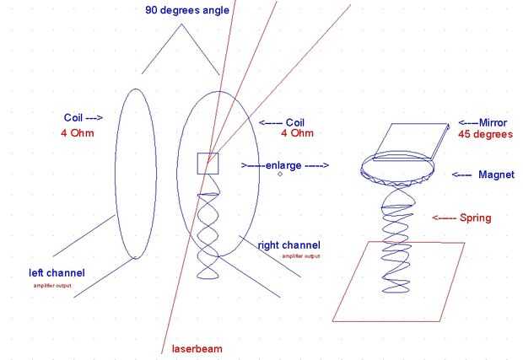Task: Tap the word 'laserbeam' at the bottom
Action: click(x=195, y=347)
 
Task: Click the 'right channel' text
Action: click(x=288, y=244)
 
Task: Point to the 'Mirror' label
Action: click(x=483, y=121)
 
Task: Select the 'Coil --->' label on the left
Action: click(x=83, y=118)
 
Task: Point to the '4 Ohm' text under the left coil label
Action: click(x=78, y=133)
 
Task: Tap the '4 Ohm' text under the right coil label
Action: click(x=296, y=134)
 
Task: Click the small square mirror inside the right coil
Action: click(x=208, y=164)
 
